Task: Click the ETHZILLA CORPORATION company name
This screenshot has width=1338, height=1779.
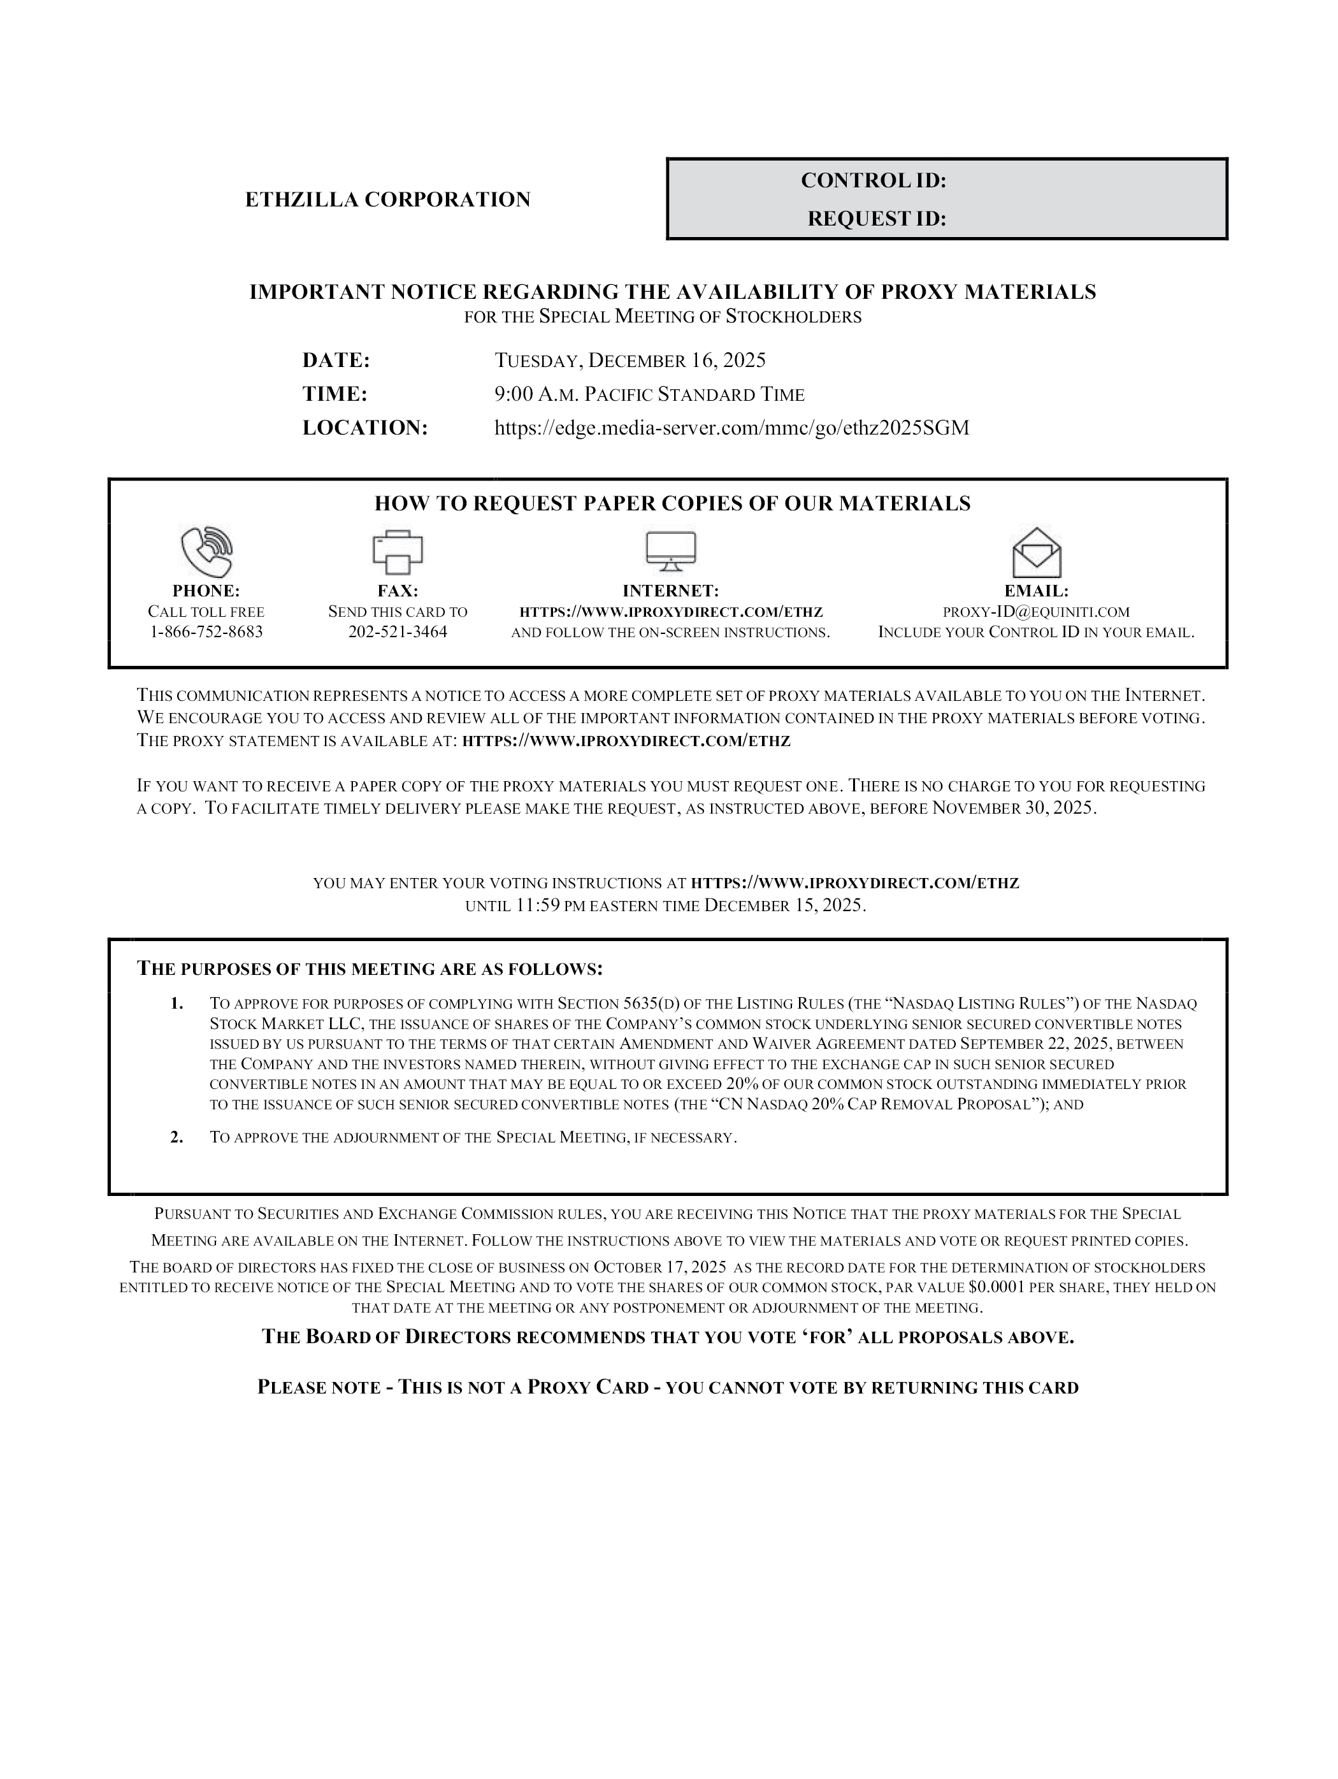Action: tap(387, 199)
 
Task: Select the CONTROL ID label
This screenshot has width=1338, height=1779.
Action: tap(874, 181)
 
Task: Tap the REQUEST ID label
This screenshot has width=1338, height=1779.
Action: tap(877, 219)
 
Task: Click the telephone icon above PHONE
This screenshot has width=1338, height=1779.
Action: tap(206, 552)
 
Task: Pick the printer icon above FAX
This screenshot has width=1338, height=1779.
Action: tap(397, 552)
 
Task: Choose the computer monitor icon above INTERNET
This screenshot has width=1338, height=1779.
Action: tap(671, 552)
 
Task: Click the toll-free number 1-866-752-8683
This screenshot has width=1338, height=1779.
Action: tap(206, 632)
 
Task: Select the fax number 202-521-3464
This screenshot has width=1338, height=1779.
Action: tap(397, 632)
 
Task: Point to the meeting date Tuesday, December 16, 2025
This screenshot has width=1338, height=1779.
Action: tap(629, 360)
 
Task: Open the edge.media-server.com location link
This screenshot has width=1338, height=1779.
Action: tap(731, 428)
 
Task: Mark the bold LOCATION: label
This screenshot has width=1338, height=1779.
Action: tap(365, 428)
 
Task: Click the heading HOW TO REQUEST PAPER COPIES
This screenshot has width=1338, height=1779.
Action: tap(672, 504)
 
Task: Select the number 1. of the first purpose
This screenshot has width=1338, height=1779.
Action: tap(177, 1004)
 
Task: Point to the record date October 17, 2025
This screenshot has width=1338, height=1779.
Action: tap(659, 1267)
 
